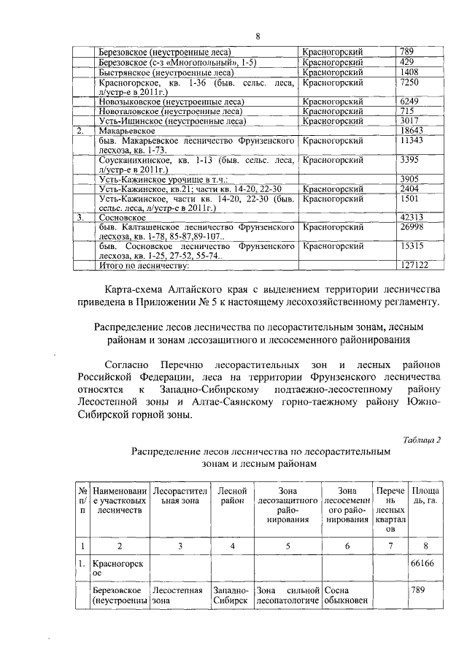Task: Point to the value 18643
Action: point(414,130)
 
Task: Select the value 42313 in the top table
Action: point(414,217)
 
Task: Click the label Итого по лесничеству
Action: point(139,265)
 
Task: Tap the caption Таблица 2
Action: point(422,439)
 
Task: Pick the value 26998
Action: point(414,227)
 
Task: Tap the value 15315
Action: point(414,247)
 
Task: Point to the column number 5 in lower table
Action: point(288,546)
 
